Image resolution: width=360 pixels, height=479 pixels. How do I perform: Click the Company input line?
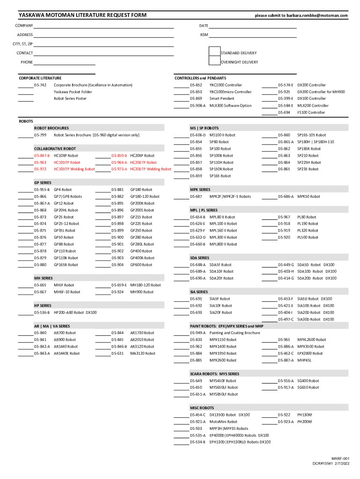point(103,26)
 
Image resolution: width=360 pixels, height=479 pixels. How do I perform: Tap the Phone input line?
point(64,62)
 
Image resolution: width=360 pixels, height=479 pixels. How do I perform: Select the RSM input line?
point(252,35)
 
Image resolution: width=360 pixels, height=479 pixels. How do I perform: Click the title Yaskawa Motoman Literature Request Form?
point(82,15)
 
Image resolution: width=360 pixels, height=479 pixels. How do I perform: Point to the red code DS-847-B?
point(42,155)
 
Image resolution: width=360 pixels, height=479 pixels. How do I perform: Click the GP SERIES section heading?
point(43,182)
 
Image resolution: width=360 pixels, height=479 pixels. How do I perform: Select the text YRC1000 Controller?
point(225,85)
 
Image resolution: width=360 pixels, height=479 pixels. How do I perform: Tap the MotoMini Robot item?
point(223,421)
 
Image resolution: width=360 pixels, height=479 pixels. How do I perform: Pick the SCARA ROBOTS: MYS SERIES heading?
point(214,374)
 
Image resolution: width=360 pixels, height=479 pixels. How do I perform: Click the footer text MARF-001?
point(340,458)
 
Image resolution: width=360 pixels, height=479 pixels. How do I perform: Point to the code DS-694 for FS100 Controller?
point(284,112)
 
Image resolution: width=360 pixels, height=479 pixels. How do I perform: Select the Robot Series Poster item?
point(70,99)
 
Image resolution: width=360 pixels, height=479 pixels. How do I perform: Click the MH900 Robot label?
point(142,292)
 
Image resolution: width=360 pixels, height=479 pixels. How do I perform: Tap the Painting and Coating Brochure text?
point(234,333)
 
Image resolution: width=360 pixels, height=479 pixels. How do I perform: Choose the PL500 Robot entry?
point(308,237)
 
